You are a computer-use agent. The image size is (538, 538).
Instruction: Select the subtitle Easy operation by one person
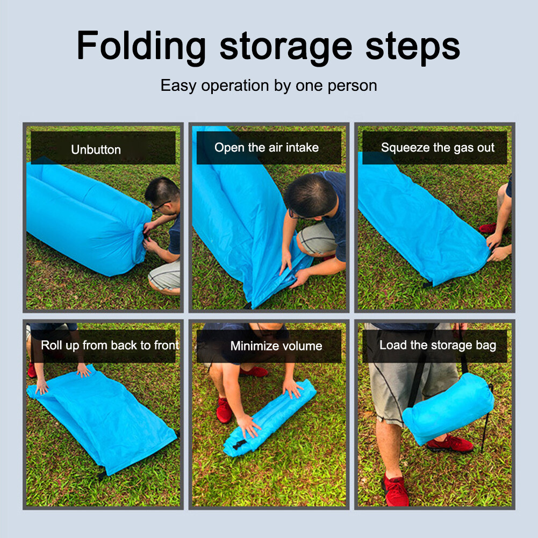[x=269, y=85]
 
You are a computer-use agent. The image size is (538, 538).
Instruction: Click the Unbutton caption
[x=96, y=149]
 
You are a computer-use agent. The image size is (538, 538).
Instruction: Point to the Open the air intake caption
[x=267, y=148]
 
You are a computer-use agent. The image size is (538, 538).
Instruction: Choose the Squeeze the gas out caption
[x=437, y=148]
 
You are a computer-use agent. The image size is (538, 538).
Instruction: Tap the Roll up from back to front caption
[x=110, y=345]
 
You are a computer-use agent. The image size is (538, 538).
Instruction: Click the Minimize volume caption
[x=276, y=346]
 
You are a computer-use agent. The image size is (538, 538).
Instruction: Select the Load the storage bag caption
[x=437, y=346]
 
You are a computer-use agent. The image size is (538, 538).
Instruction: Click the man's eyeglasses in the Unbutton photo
[x=161, y=205]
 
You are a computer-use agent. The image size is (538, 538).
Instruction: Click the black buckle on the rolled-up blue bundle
[x=239, y=444]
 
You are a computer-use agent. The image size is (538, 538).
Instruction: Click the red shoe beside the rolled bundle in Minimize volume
[x=224, y=411]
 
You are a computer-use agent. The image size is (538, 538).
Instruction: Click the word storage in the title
[x=285, y=48]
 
